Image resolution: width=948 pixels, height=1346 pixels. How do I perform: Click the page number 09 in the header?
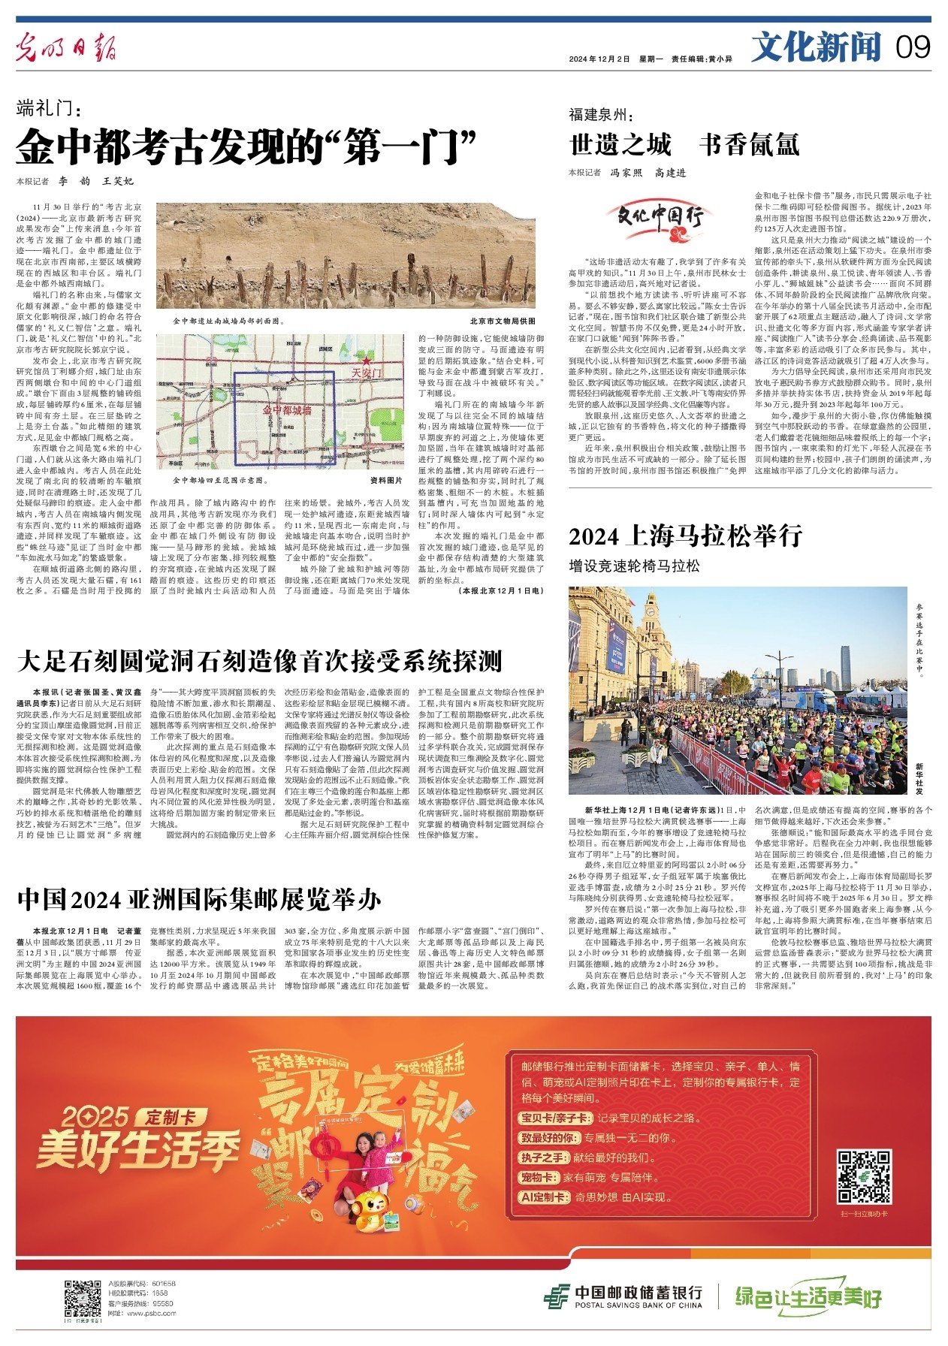click(913, 47)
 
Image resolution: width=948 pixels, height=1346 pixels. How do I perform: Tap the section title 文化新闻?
click(816, 47)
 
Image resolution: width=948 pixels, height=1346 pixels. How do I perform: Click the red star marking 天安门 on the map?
click(367, 362)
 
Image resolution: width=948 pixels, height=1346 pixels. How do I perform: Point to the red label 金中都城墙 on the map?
click(286, 411)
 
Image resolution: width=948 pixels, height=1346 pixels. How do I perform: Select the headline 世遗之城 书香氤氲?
click(684, 144)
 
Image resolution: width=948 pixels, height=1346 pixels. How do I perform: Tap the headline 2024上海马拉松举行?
click(686, 536)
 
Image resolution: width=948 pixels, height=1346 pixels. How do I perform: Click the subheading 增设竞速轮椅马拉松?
click(634, 566)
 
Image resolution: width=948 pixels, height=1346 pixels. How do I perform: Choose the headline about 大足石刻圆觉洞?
click(259, 662)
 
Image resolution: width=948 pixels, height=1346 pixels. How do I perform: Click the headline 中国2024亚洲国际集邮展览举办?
click(199, 898)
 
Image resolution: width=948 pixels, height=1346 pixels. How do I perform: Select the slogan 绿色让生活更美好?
click(808, 1296)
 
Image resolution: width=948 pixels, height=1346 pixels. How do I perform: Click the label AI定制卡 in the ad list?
click(545, 1197)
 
